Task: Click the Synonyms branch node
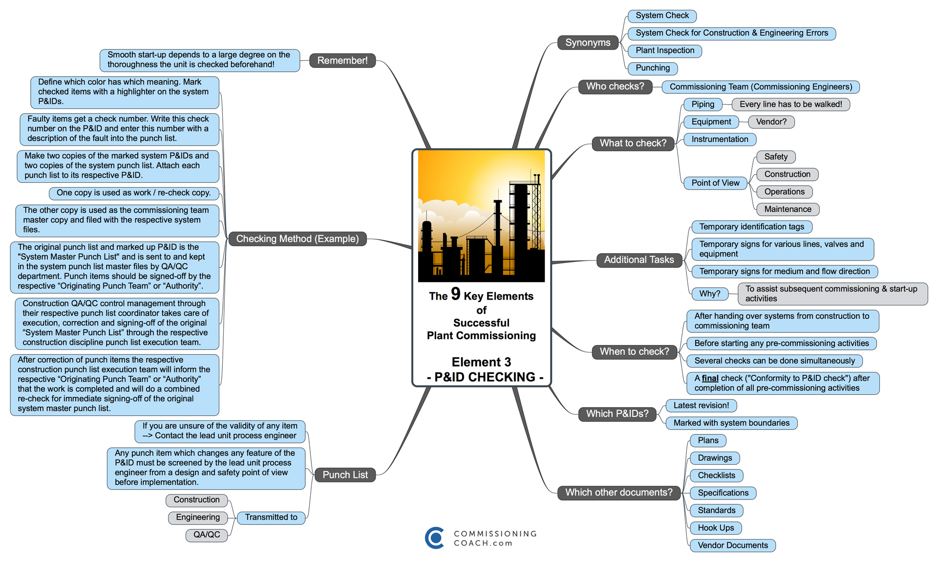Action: [588, 43]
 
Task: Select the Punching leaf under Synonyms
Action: [652, 68]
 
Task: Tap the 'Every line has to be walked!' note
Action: [790, 104]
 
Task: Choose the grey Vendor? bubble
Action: [771, 122]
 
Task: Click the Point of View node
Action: [715, 183]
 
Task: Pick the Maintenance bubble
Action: [788, 209]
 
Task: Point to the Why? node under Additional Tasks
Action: [709, 294]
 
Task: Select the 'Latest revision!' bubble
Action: [701, 405]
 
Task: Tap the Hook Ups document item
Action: [716, 528]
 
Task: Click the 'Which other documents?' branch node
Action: [618, 493]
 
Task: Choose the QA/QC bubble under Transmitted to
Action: [207, 535]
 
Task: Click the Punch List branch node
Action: [345, 475]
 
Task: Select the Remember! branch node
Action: [342, 61]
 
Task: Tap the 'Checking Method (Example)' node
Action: [297, 239]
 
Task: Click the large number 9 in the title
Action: [455, 294]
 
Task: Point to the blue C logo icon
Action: [434, 538]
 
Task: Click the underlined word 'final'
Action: [710, 378]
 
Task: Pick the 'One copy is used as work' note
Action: [133, 193]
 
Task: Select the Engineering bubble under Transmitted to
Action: [198, 517]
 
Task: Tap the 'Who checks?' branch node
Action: [615, 87]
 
